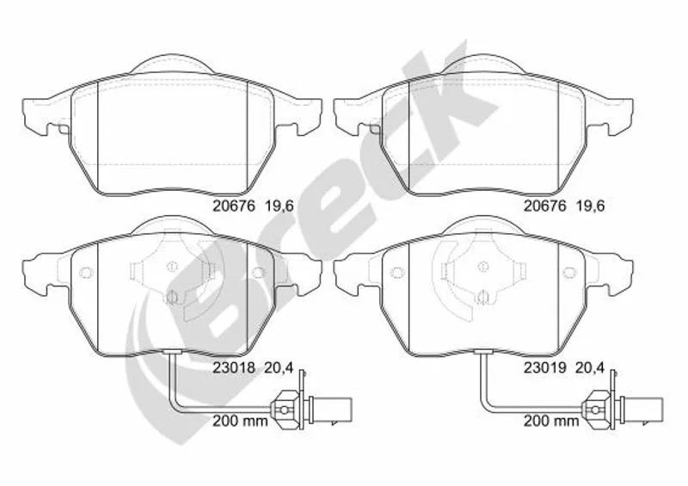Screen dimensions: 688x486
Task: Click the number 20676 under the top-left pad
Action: coord(234,206)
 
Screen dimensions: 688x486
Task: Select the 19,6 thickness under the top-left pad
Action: coord(279,206)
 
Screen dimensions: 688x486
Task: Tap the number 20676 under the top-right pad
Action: coord(545,206)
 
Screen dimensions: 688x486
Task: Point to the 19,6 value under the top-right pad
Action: coord(590,206)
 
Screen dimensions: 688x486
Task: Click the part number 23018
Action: coord(234,367)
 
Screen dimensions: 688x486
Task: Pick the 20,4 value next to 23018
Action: coord(279,367)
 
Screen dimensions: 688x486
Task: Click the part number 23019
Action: coord(545,367)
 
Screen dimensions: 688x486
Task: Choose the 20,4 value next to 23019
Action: coord(590,367)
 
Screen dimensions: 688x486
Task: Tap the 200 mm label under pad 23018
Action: coord(240,421)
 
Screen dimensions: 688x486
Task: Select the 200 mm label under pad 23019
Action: coord(551,421)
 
